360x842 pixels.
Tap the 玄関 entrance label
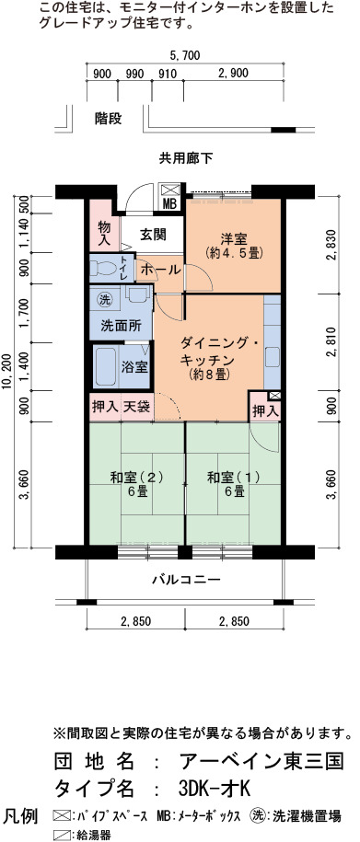153,235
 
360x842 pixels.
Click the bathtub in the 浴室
106,367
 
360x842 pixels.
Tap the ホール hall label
159,271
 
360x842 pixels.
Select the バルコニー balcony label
185,580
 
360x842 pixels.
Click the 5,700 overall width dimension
185,54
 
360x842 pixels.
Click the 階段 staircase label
108,118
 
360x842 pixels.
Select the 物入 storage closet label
104,234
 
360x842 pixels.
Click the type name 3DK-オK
214,789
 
